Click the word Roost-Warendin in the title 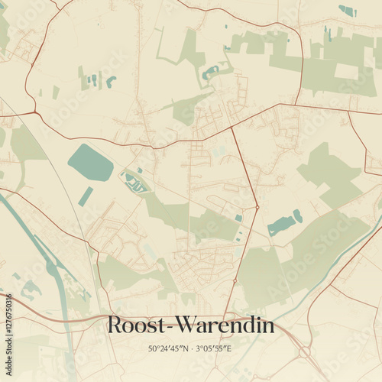pyautogui.click(x=190, y=325)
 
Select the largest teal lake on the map pyautogui.click(x=90, y=163)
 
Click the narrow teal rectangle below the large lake pyautogui.click(x=86, y=196)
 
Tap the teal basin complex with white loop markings pyautogui.click(x=135, y=183)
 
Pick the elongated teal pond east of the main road pyautogui.click(x=281, y=225)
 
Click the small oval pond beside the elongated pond pyautogui.click(x=298, y=216)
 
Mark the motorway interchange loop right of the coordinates pyautogui.click(x=304, y=351)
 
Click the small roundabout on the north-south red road pyautogui.click(x=257, y=207)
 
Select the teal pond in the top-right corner pyautogui.click(x=348, y=11)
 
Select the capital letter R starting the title pyautogui.click(x=115, y=325)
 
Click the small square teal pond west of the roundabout pyautogui.click(x=238, y=218)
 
